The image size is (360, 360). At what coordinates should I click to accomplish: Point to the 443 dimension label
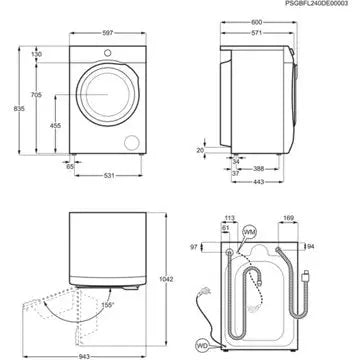(x=259, y=181)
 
